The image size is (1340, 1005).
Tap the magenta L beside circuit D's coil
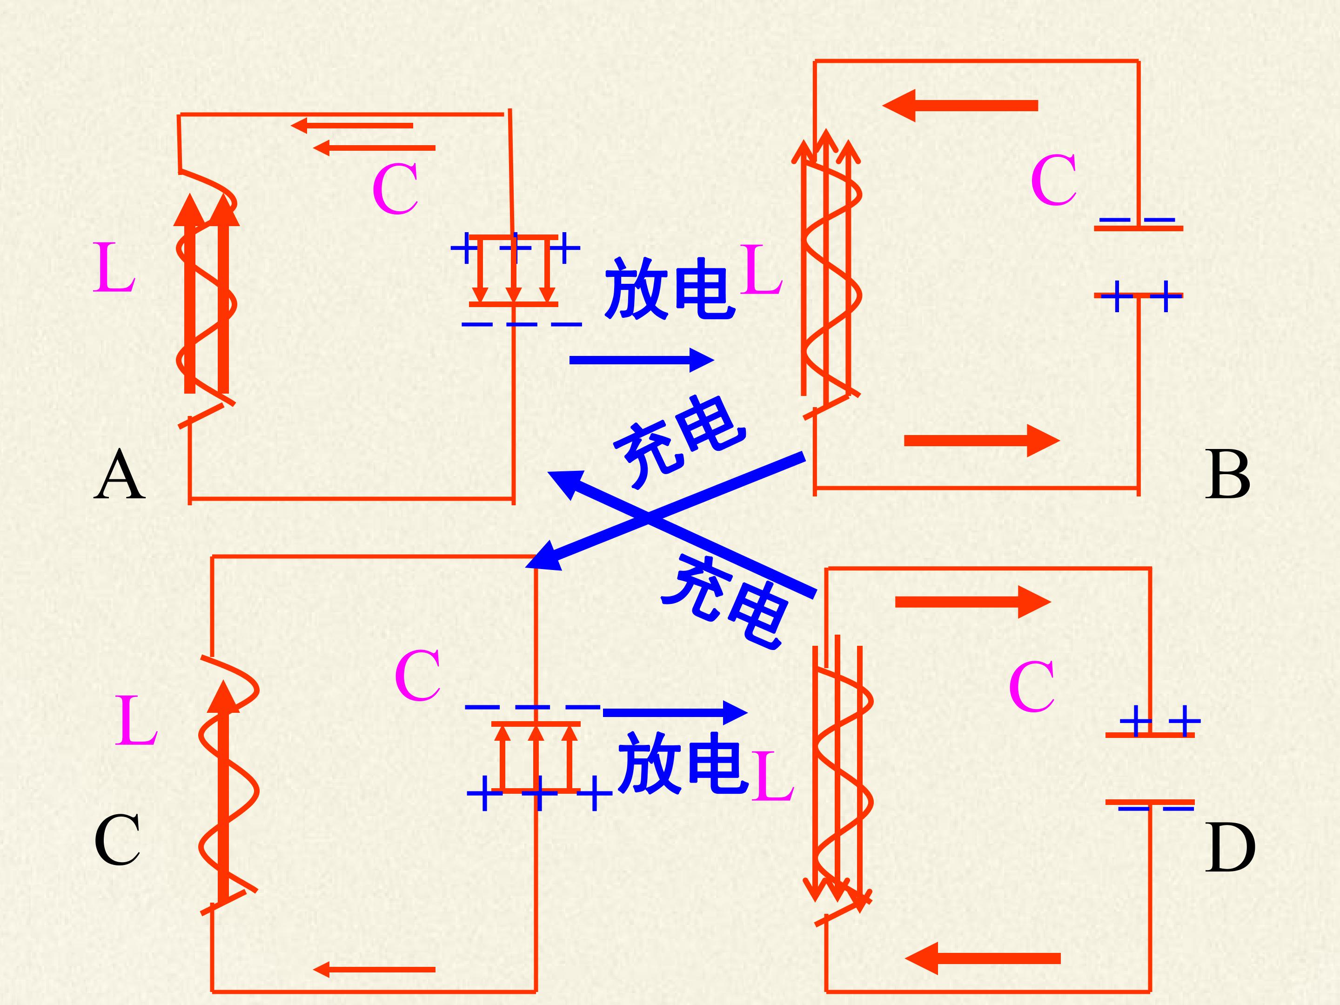click(x=772, y=776)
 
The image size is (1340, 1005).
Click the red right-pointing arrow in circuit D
click(x=973, y=602)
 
